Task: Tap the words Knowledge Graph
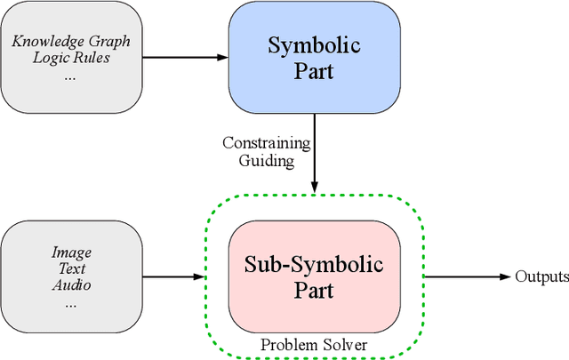[70, 41]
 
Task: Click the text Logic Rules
[70, 58]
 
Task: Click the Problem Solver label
[313, 343]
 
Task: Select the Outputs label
[541, 276]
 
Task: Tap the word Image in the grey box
[70, 252]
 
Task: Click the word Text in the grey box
[70, 268]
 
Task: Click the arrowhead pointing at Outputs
[507, 276]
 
